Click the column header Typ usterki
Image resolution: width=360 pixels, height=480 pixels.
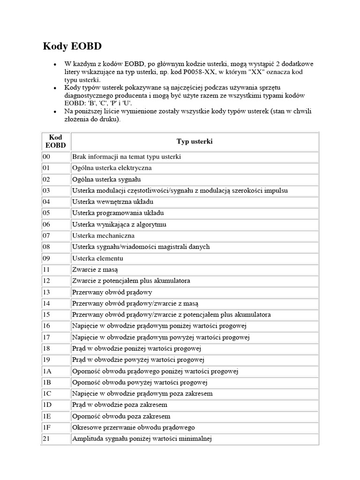tap(194, 141)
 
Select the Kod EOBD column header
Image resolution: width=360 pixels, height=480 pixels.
tap(55, 141)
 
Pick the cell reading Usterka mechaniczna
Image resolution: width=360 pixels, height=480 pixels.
tap(103, 235)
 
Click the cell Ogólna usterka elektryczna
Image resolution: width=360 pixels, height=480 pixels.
tap(112, 168)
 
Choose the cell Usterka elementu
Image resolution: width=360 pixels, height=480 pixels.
tap(97, 258)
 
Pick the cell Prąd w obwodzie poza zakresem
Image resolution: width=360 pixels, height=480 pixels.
tap(120, 405)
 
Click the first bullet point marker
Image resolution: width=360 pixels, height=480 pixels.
tap(55, 64)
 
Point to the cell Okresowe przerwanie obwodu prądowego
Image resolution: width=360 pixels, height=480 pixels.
tap(133, 427)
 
